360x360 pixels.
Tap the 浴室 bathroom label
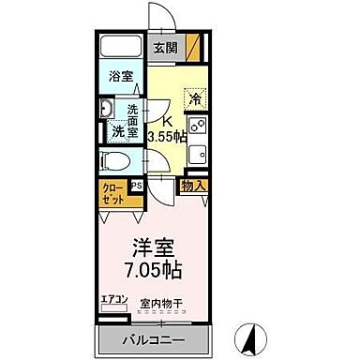coord(119,77)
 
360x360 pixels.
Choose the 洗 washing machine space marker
coord(120,132)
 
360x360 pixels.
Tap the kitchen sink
coord(197,153)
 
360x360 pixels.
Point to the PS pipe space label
coord(136,186)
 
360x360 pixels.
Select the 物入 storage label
coord(193,187)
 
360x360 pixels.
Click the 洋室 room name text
coord(151,248)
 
